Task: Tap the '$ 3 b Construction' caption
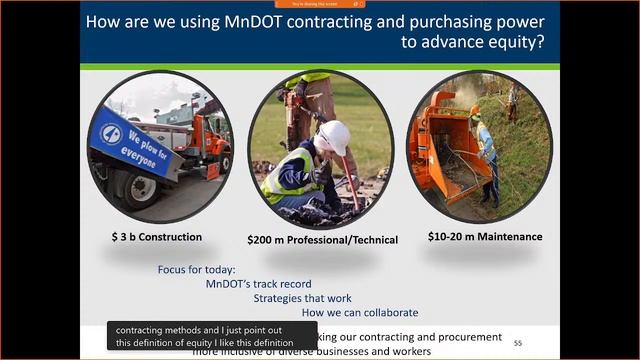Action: (x=156, y=237)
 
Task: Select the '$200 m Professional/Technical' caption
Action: (x=322, y=239)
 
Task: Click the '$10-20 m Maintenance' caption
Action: (x=485, y=237)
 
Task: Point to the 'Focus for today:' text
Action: (x=197, y=270)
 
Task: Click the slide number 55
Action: (x=517, y=342)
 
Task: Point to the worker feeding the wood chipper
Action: (x=486, y=150)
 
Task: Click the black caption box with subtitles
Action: (x=211, y=336)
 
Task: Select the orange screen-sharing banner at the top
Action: (x=320, y=4)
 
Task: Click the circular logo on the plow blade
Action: (x=110, y=133)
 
